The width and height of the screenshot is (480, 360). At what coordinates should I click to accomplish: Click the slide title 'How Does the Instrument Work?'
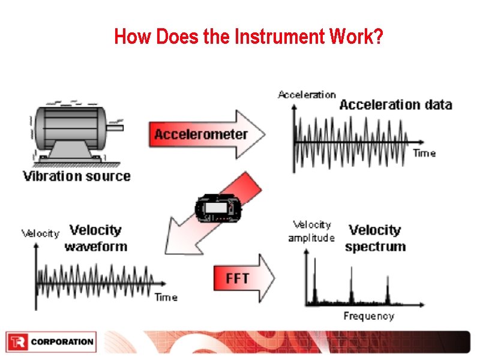click(248, 37)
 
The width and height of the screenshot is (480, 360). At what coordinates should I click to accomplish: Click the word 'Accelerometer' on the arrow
click(200, 134)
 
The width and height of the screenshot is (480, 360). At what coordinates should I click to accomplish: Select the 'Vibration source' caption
click(76, 176)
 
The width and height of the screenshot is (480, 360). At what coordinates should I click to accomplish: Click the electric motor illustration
click(72, 132)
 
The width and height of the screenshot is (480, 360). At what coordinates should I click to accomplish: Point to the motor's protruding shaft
click(118, 127)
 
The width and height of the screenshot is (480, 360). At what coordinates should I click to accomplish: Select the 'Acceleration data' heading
click(395, 105)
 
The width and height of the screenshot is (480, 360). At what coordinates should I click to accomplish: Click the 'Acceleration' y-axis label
click(307, 94)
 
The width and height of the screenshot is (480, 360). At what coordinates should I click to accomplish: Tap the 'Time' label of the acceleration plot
click(424, 154)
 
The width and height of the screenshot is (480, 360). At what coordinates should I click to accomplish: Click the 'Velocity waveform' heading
click(96, 238)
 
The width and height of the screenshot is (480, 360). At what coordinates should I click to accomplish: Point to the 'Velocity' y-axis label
click(41, 233)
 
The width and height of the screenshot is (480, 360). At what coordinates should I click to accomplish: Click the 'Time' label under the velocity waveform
click(166, 297)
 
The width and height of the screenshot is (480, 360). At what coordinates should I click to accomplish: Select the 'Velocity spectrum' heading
click(376, 238)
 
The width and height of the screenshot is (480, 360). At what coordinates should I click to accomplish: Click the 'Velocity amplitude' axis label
click(311, 231)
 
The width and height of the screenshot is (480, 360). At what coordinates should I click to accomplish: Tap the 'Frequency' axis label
click(368, 316)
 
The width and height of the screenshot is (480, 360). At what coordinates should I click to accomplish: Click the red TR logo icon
click(17, 342)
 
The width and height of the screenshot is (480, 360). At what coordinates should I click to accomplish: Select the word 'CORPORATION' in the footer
click(62, 342)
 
